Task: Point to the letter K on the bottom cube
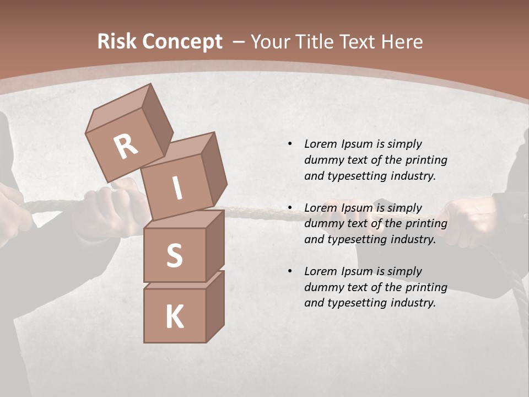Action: point(174,317)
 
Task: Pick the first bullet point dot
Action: point(290,144)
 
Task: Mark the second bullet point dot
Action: point(290,208)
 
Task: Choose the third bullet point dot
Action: point(290,271)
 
